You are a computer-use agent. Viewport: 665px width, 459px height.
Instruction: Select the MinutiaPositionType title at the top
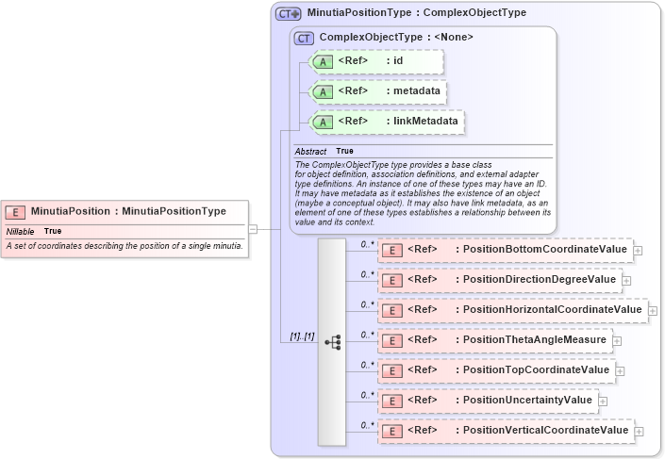[x=416, y=13]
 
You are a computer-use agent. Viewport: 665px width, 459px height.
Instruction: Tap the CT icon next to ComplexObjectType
[x=304, y=38]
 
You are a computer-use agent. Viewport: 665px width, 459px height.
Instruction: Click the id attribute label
[x=398, y=61]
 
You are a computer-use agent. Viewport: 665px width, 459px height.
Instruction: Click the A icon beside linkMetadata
[x=323, y=122]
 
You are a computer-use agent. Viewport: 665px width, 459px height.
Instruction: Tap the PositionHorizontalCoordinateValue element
[x=548, y=310]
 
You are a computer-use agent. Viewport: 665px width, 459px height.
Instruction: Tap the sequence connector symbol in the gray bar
[x=332, y=342]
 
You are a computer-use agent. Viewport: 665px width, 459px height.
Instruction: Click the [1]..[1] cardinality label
[x=301, y=336]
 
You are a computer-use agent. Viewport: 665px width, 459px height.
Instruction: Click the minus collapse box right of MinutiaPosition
[x=253, y=228]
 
